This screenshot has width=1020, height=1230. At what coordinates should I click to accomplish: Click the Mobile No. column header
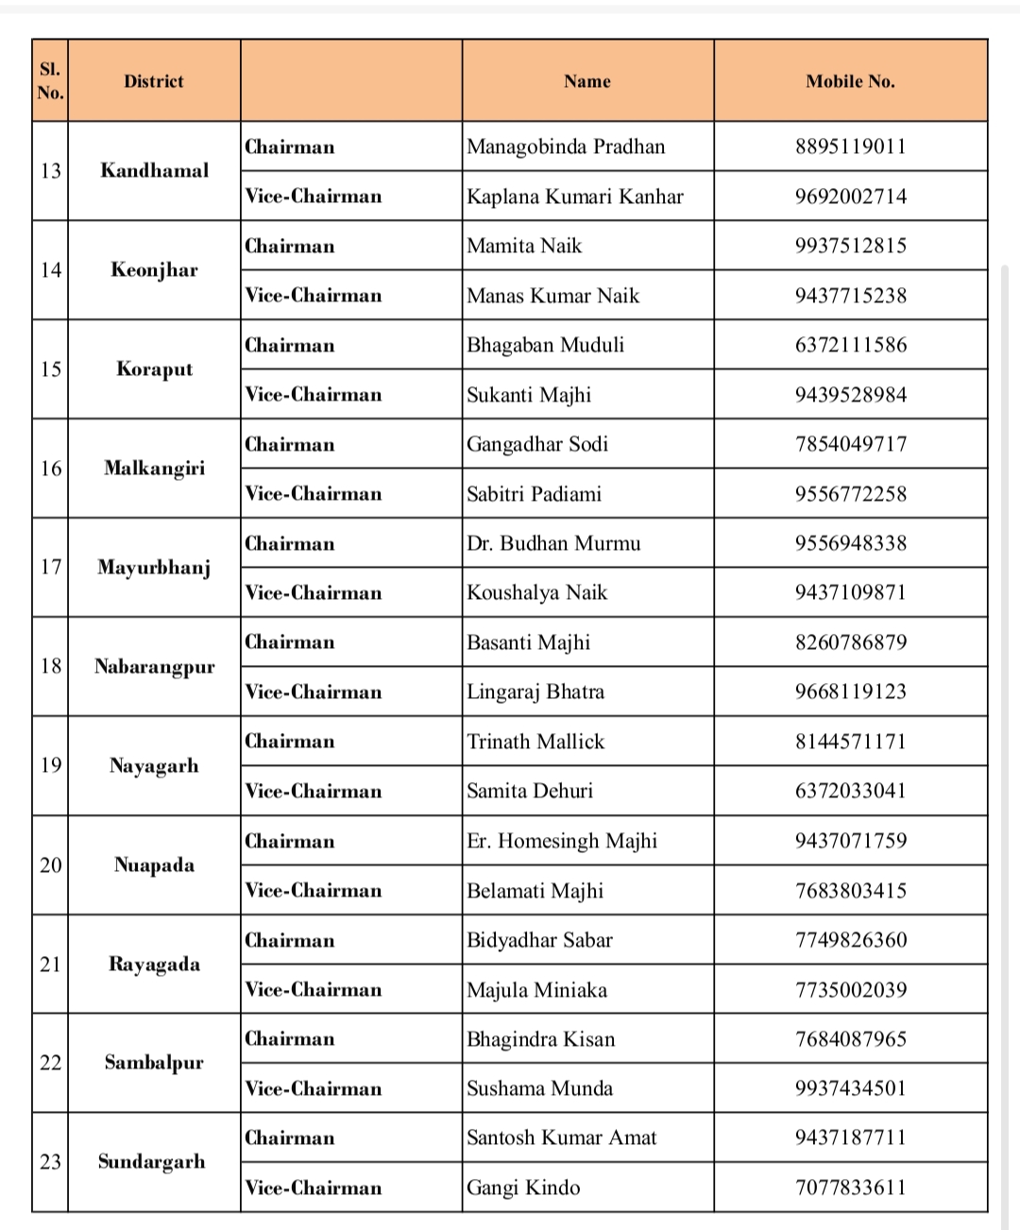click(850, 81)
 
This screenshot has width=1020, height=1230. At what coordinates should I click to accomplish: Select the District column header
click(154, 81)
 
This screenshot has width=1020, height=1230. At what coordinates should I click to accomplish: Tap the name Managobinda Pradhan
click(566, 146)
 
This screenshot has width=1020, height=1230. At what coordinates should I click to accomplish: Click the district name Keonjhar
click(154, 270)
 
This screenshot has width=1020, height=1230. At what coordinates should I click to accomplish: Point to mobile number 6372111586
click(850, 345)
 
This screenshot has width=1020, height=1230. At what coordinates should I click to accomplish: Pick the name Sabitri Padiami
click(534, 494)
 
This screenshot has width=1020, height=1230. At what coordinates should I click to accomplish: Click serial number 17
click(50, 567)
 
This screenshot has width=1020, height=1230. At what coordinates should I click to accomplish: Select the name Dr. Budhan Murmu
click(553, 543)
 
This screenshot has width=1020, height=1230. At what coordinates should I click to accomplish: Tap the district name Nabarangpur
click(154, 667)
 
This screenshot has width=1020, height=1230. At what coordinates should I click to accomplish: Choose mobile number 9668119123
click(850, 692)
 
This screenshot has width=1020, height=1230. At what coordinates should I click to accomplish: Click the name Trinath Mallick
click(535, 742)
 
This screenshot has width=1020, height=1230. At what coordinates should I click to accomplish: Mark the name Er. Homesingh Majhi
click(562, 841)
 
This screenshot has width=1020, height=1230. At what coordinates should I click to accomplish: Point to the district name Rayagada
click(154, 965)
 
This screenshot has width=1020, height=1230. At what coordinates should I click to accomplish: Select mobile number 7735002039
click(850, 990)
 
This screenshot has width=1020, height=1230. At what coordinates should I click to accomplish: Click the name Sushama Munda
click(539, 1088)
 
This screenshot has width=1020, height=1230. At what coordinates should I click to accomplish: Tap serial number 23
click(50, 1162)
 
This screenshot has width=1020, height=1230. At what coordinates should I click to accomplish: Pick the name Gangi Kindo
click(523, 1187)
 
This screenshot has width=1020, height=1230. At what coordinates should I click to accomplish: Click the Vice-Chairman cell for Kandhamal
click(314, 196)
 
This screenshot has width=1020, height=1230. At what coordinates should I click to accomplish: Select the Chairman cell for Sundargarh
click(290, 1138)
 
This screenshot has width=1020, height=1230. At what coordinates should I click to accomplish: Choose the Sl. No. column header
click(50, 81)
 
